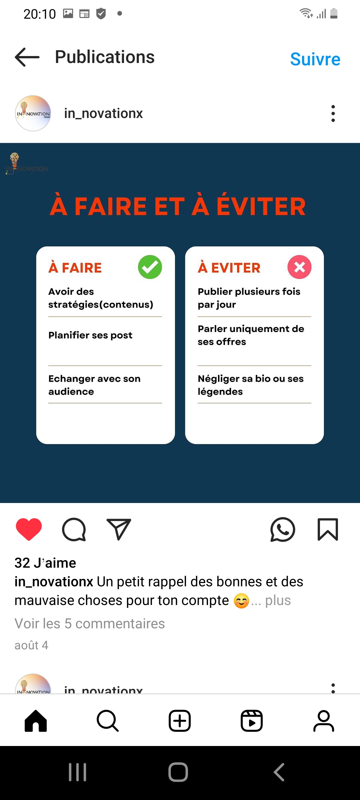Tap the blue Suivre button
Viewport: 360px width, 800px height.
tap(315, 59)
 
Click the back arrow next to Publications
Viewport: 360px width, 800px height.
tap(27, 57)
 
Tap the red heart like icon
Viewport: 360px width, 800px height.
tap(29, 529)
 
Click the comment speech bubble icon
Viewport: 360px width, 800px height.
tap(74, 529)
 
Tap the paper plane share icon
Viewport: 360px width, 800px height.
tap(119, 529)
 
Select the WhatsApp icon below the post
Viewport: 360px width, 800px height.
tap(283, 529)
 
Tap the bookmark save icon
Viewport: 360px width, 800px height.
tap(328, 529)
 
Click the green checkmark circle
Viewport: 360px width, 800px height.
tap(150, 267)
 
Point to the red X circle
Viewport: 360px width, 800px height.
tap(299, 267)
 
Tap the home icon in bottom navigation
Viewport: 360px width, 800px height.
tap(36, 721)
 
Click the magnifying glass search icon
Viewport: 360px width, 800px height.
tap(108, 721)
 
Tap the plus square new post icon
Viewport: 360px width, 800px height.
tap(180, 721)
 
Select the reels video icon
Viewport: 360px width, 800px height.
tap(252, 721)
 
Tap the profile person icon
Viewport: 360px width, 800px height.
tap(324, 721)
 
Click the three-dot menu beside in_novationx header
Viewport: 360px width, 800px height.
tap(333, 113)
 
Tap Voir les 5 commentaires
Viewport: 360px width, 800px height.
tap(90, 623)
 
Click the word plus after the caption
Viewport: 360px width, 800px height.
tap(278, 601)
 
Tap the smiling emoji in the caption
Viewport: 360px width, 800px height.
tap(241, 601)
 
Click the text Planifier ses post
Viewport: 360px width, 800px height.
tap(90, 335)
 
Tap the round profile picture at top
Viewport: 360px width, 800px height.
tap(33, 113)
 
